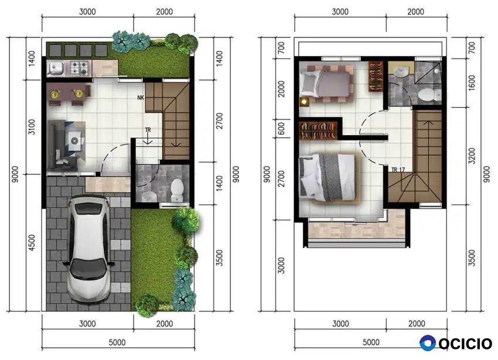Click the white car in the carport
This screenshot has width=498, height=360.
coord(89,249)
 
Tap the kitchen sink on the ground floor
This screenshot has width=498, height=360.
coord(56,68)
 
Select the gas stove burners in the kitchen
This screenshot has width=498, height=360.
coord(79,68)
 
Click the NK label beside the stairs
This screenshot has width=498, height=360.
coord(141,97)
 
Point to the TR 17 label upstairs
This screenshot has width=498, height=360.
coord(398,170)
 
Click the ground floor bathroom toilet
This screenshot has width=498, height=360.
coord(177,190)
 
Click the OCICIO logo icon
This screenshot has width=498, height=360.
coord(428,343)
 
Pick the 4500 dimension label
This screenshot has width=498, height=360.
coord(32,243)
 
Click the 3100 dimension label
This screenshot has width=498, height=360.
coord(32,127)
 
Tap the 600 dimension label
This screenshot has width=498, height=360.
coord(281,129)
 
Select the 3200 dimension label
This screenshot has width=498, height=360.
coord(472,156)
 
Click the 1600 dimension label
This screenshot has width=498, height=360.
coord(472,83)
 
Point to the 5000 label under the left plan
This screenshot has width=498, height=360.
coord(117,342)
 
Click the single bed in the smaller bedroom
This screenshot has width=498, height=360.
coord(326,84)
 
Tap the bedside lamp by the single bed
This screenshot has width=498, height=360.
coord(304,102)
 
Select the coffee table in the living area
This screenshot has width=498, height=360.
coord(75,140)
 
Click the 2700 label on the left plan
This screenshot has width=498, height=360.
coord(219,121)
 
